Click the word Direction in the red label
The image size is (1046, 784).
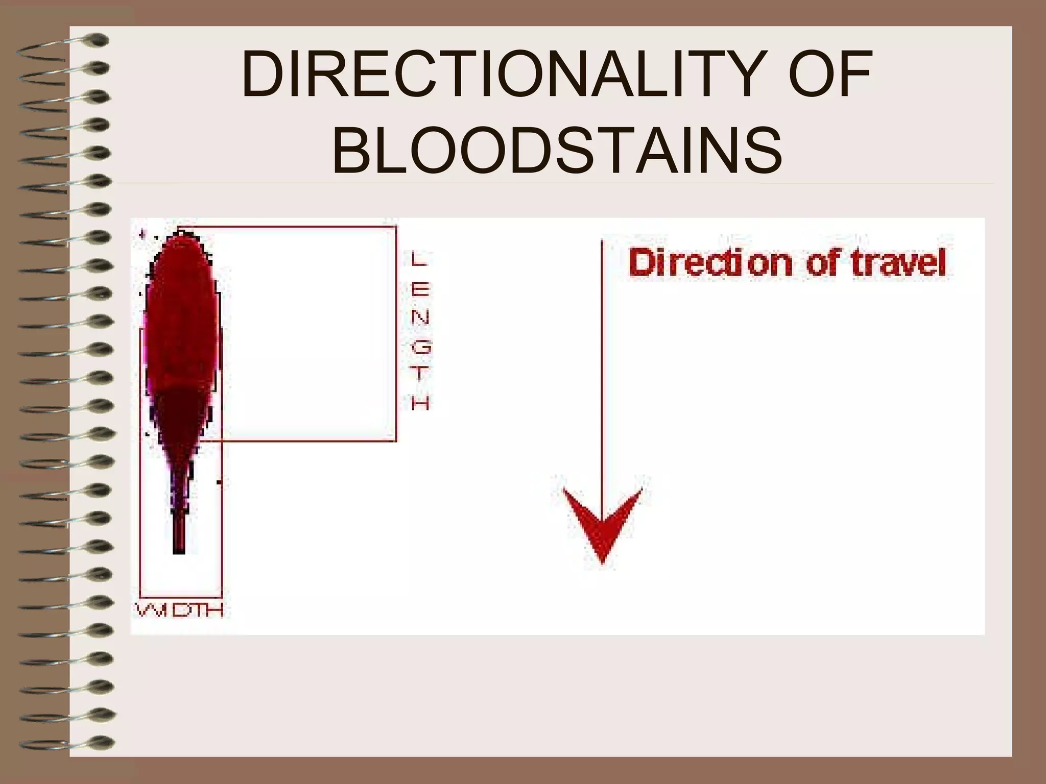pyautogui.click(x=710, y=264)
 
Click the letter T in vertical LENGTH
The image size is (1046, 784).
pyautogui.click(x=421, y=375)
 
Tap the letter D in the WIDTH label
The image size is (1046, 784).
pyautogui.click(x=181, y=610)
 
